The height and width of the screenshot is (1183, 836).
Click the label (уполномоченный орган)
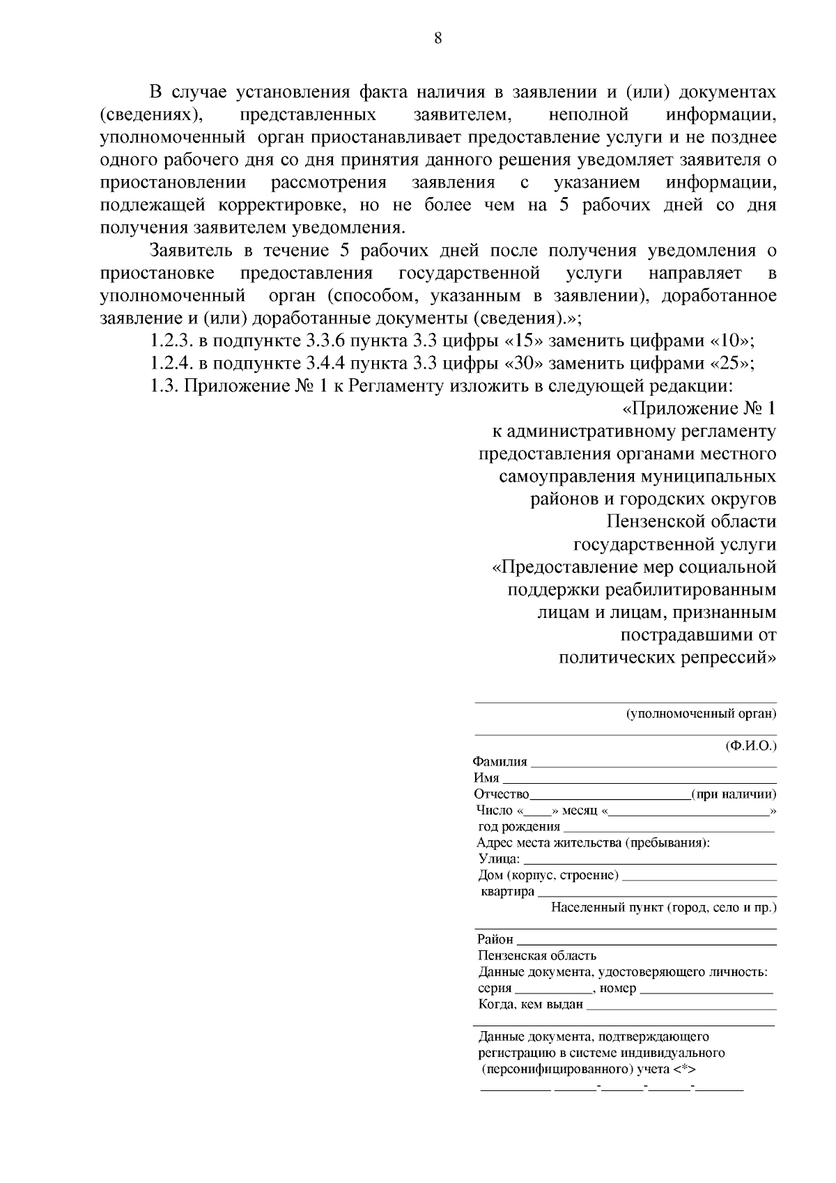click(x=701, y=713)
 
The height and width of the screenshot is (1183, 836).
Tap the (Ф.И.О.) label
click(x=751, y=745)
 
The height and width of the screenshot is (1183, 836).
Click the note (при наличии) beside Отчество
click(x=734, y=795)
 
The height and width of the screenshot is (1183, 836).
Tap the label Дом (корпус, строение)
click(x=548, y=875)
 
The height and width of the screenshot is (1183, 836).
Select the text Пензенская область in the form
click(x=537, y=956)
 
